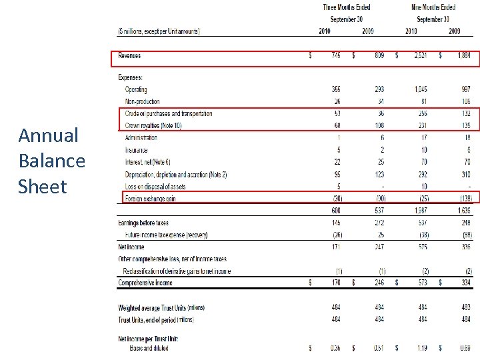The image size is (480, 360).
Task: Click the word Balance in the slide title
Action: pos(52,161)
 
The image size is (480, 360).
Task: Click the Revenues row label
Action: pos(129,55)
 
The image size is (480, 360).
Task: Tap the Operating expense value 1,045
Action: pos(420,89)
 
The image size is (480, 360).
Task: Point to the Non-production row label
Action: pos(142,101)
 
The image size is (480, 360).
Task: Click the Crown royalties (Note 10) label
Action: pos(153,125)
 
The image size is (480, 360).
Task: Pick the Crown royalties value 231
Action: pos(422,125)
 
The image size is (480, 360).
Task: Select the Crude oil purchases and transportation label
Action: pos(168,113)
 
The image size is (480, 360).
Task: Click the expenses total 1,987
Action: pos(420,211)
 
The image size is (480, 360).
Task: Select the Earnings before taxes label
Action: pos(143,223)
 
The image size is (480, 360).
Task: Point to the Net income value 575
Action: pos(422,247)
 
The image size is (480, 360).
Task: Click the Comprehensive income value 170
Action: pos(335,283)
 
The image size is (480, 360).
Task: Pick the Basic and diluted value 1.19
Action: pos(422,347)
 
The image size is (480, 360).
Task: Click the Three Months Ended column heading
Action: pos(347,7)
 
